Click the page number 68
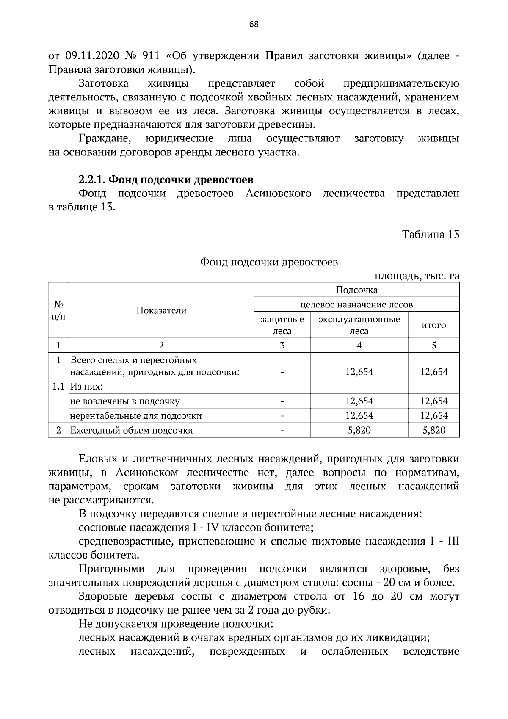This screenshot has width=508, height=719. [254, 24]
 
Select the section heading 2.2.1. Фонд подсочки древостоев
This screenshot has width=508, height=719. [166, 180]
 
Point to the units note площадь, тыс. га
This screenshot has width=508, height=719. [417, 276]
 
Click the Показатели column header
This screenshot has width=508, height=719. [161, 310]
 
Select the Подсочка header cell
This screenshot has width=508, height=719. [356, 290]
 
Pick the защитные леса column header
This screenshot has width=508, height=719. [282, 325]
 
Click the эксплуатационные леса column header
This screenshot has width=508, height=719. [359, 325]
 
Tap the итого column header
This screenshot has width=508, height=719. [433, 325]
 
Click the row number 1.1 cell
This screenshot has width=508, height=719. [58, 387]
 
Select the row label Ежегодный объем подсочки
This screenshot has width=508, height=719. [132, 431]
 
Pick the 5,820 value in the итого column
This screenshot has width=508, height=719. [433, 431]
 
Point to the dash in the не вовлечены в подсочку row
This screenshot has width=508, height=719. [282, 401]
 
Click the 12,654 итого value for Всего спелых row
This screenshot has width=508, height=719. [433, 372]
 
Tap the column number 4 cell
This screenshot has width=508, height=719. [359, 346]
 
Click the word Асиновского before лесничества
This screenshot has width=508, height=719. [278, 194]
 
